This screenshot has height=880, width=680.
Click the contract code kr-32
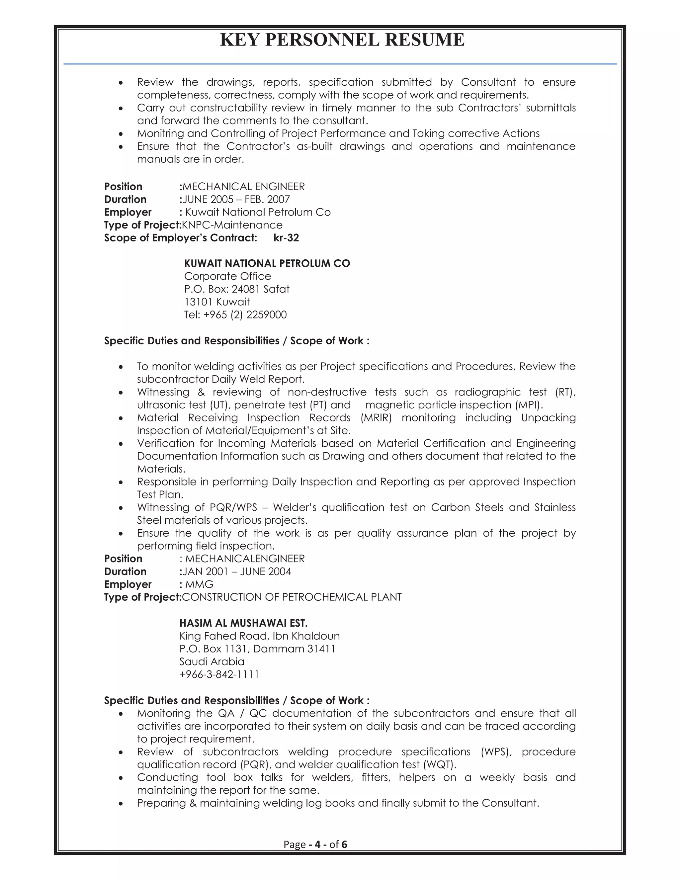286,238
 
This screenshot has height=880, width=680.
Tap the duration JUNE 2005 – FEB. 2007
236,200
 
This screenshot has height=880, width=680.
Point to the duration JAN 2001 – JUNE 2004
237,572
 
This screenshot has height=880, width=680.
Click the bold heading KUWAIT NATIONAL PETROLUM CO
267,264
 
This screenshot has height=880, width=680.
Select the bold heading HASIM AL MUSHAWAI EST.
243,623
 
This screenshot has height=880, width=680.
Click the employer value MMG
200,584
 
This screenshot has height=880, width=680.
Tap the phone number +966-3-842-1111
219,674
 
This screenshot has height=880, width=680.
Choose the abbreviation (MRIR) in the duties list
376,418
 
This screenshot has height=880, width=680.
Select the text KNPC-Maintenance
232,225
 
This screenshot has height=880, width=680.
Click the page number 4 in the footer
317,844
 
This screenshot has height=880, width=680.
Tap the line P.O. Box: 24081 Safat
237,289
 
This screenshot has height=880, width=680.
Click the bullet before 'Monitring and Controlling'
121,134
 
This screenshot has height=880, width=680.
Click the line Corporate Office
227,276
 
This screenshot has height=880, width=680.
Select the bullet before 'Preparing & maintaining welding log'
121,803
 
